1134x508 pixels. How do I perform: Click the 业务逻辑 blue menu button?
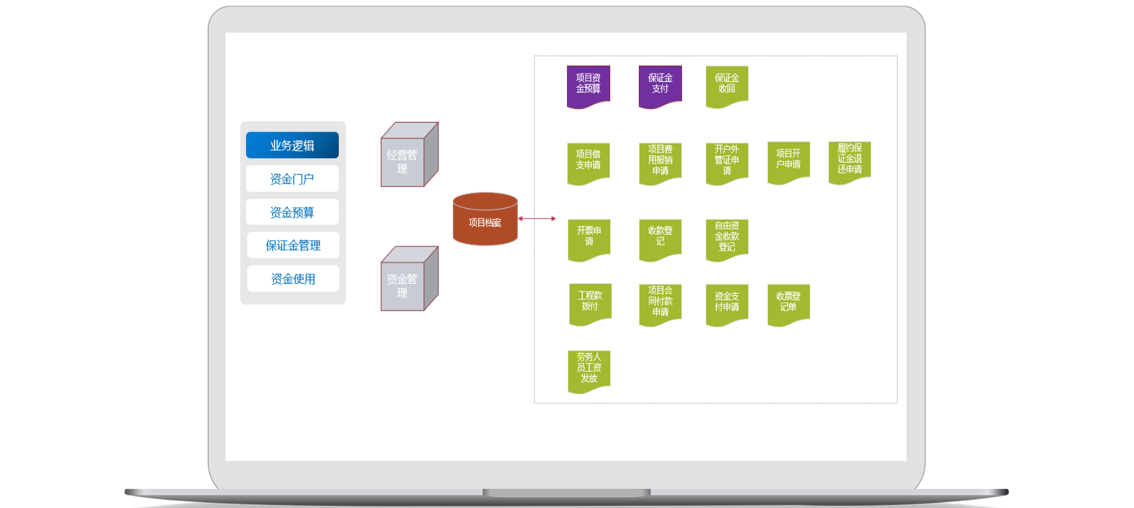292,145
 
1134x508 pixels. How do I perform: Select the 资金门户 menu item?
292,179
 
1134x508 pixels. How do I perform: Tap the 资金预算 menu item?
292,212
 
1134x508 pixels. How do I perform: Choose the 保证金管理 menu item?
293,245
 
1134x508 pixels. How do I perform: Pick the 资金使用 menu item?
293,279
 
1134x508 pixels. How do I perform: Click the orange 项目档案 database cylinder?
485,220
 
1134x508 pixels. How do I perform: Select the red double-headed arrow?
536,218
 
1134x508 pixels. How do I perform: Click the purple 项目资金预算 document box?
588,84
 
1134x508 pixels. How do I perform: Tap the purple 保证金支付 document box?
660,84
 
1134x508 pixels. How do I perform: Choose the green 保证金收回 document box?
727,84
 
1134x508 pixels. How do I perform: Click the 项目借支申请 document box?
588,161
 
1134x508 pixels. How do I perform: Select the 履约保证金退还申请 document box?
849,160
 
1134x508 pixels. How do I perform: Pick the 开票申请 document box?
589,237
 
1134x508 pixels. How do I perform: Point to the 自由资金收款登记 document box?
727,237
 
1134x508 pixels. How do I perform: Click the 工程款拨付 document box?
590,302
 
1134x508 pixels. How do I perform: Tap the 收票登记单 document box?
788,303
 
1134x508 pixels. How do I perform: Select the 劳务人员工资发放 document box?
589,369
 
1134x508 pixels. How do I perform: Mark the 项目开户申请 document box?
788,161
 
